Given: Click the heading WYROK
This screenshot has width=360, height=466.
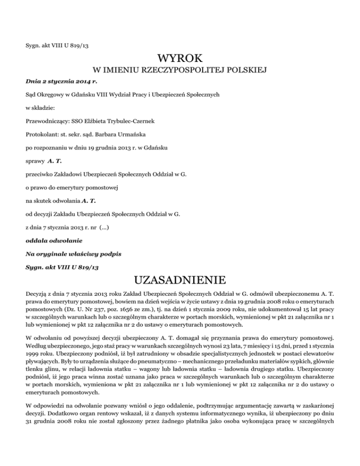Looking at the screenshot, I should [180, 59].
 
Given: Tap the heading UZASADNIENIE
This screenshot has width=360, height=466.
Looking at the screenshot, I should [180, 281].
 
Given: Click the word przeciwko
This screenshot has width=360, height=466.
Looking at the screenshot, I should [41, 175].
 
